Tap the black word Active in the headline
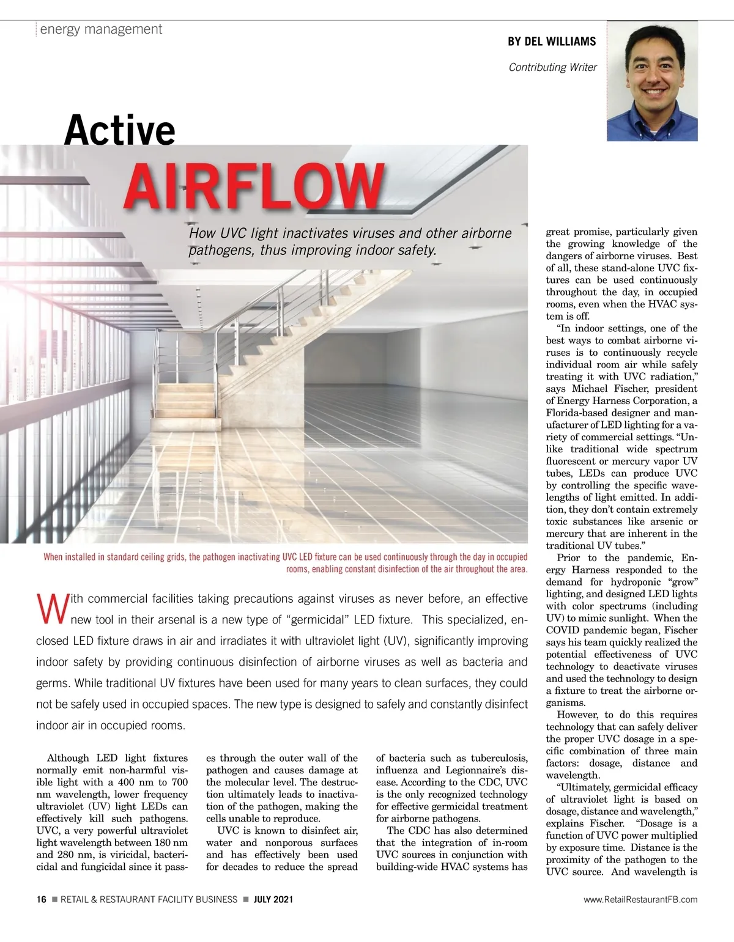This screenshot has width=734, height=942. pyautogui.click(x=119, y=130)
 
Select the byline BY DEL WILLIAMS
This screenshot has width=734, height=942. pyautogui.click(x=551, y=42)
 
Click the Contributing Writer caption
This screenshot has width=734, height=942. pyautogui.click(x=552, y=67)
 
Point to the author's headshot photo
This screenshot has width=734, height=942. pyautogui.click(x=652, y=81)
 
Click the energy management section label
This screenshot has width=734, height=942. pyautogui.click(x=101, y=29)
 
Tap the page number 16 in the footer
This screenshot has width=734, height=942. pyautogui.click(x=41, y=899)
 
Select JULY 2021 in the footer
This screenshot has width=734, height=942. pyautogui.click(x=273, y=899)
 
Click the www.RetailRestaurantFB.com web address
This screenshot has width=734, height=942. pyautogui.click(x=640, y=899)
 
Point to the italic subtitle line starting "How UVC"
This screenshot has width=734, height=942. pyautogui.click(x=350, y=234)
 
